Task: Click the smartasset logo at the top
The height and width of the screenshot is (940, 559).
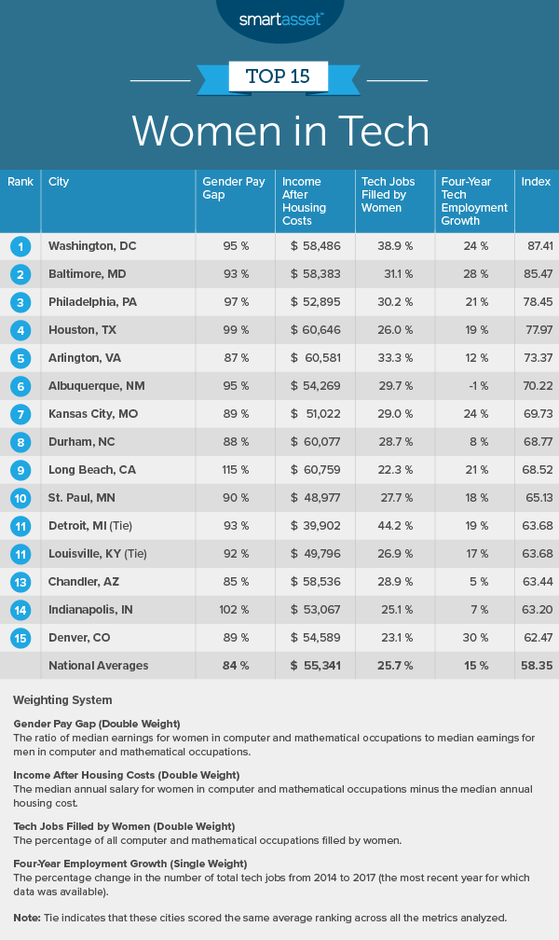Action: [x=279, y=18]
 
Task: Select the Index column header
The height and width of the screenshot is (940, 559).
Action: [x=536, y=181]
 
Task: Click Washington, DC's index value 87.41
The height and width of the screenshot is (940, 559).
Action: [x=536, y=246]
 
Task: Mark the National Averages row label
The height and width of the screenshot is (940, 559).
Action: [x=97, y=666]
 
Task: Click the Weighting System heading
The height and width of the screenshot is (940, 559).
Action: [x=62, y=699]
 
